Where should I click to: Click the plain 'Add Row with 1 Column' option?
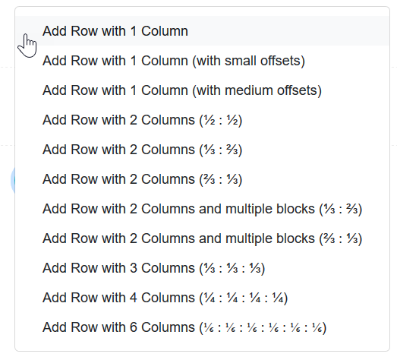115,31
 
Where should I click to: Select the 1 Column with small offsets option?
174,61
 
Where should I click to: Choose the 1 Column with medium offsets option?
182,90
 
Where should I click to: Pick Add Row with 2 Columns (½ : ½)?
142,120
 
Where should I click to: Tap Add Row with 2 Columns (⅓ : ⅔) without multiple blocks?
142,150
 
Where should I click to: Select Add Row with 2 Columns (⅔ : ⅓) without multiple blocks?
142,179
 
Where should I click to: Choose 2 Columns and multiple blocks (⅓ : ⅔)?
203,209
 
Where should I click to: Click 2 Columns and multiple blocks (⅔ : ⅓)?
203,238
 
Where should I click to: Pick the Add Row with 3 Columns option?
153,268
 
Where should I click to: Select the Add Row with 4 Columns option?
165,298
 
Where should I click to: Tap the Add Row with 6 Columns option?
184,327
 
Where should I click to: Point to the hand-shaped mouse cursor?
27,46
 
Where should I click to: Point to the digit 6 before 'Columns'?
134,327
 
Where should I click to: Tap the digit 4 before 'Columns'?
134,298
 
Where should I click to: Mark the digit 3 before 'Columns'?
134,268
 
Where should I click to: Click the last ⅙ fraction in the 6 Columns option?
317,327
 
